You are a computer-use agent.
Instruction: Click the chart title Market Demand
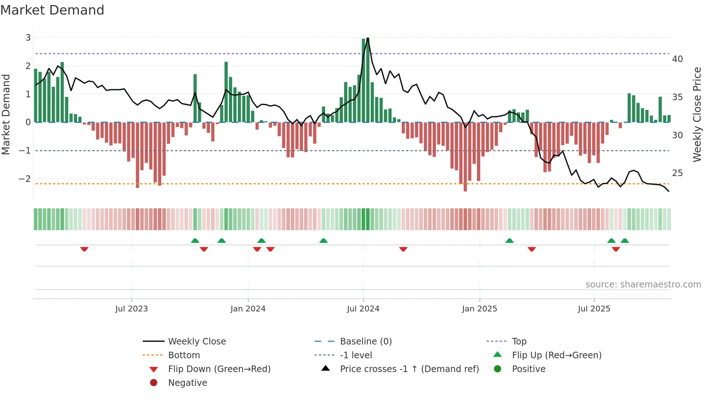52,10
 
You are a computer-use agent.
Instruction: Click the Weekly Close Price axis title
697,114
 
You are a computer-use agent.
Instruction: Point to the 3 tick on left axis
28,37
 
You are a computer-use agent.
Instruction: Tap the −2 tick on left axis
25,179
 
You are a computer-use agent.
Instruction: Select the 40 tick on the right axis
677,59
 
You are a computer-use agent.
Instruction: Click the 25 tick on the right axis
677,173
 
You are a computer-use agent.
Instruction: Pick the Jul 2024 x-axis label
363,309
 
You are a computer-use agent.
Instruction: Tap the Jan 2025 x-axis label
479,309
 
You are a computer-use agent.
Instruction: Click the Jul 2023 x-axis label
132,309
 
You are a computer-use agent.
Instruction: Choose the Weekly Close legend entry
197,341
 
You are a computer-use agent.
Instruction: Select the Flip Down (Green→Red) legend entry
219,369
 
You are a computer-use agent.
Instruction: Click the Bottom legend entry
184,355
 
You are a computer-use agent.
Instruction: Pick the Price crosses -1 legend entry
409,369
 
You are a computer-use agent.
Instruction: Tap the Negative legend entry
187,383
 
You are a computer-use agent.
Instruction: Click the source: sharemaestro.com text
643,285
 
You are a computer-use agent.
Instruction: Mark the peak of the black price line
368,38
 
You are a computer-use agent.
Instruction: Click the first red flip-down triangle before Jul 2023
84,249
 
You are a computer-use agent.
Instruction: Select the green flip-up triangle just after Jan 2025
509,241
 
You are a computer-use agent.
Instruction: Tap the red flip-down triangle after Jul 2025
616,249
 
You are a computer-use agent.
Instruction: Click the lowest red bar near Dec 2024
465,189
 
